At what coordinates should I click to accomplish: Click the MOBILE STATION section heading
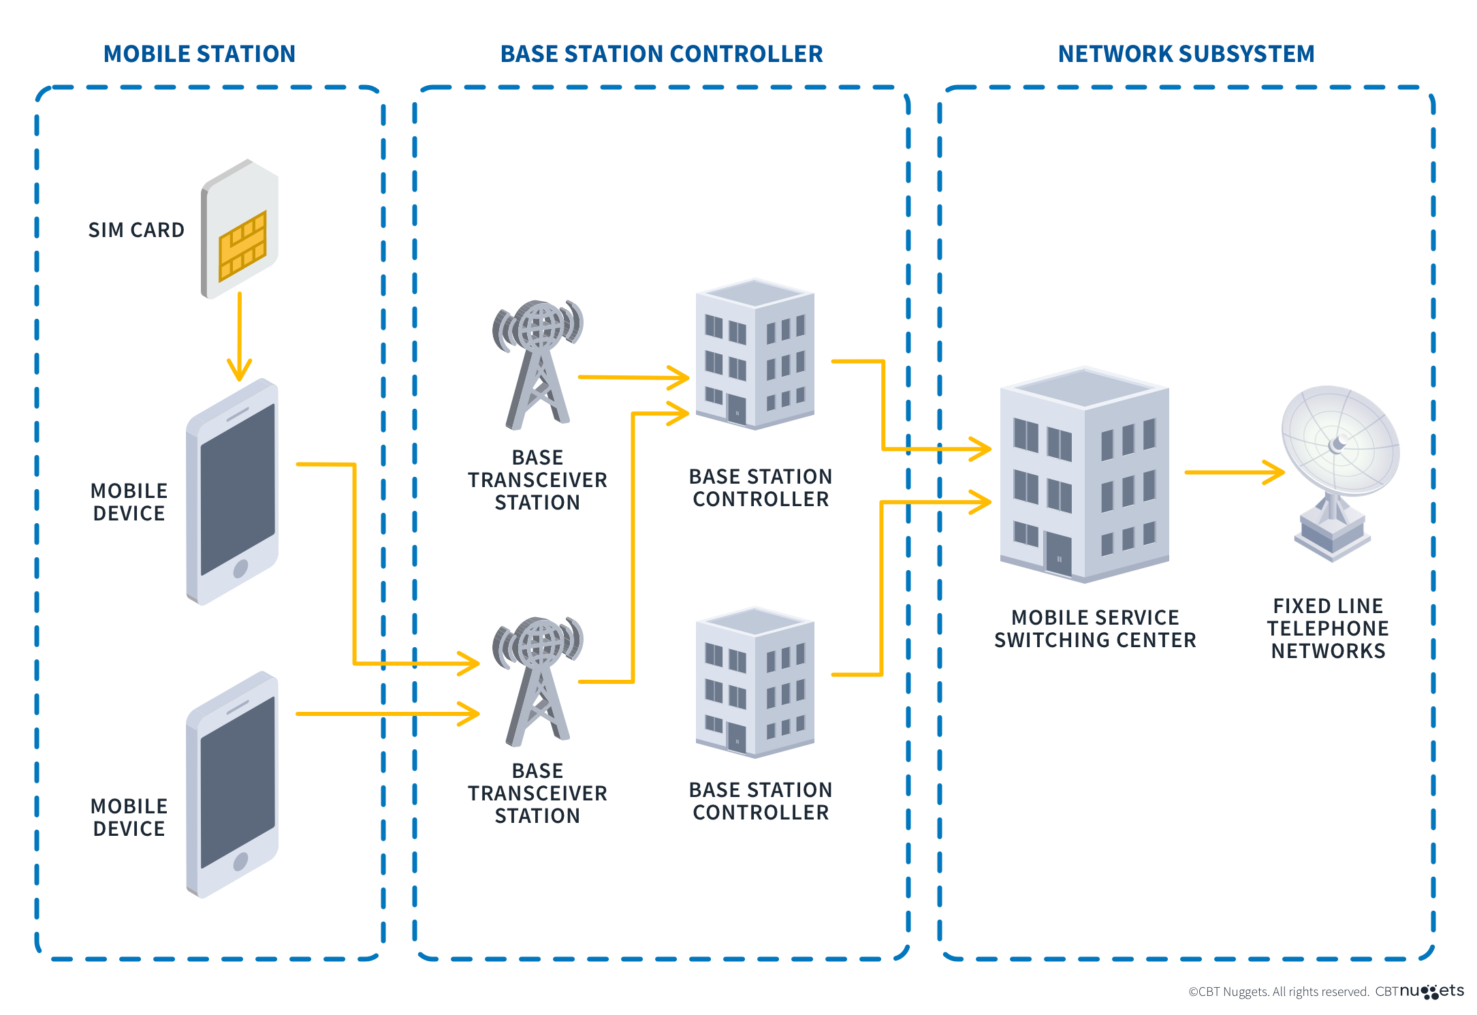tap(199, 54)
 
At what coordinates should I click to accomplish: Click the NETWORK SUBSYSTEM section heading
tap(1186, 54)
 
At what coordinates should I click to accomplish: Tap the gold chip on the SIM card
tap(242, 246)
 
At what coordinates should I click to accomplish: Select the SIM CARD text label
tap(136, 230)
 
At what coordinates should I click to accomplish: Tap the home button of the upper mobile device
tap(240, 568)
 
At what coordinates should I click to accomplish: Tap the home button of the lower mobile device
tap(240, 862)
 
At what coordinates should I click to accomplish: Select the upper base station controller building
tap(755, 354)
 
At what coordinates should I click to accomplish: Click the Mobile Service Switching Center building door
tap(1058, 553)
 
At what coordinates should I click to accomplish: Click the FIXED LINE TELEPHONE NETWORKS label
tap(1328, 628)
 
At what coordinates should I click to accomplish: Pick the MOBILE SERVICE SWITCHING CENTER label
tap(1094, 628)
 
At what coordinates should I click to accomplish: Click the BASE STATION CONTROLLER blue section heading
tap(661, 54)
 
